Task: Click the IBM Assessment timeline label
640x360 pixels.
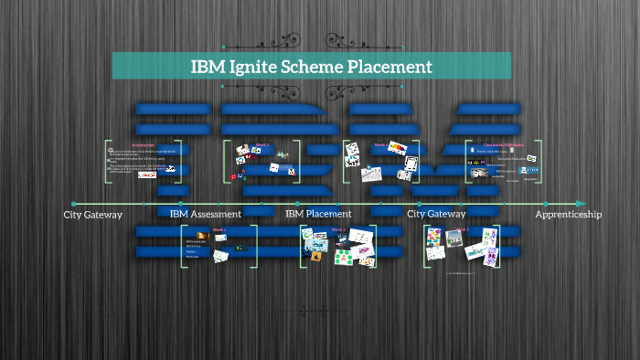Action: pos(206,214)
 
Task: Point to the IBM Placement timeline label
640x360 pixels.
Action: pos(318,214)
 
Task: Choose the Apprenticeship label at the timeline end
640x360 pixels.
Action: pos(569,214)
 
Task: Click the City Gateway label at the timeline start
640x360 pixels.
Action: pos(92,214)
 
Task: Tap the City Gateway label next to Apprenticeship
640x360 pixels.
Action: pos(436,214)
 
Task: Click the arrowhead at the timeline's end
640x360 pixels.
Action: pos(581,203)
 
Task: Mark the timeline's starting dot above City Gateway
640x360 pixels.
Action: pos(73,203)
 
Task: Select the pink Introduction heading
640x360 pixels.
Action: pos(143,144)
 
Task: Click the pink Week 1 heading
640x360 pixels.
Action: pos(219,230)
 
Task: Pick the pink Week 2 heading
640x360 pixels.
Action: pos(261,144)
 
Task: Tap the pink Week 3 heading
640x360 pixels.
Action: pos(337,230)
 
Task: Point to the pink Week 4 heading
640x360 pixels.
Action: pos(379,144)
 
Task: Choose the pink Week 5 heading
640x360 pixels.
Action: pos(462,230)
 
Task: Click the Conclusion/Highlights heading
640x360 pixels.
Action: pos(503,144)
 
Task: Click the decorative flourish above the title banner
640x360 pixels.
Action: pos(311,41)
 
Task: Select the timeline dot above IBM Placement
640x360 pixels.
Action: pos(298,203)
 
